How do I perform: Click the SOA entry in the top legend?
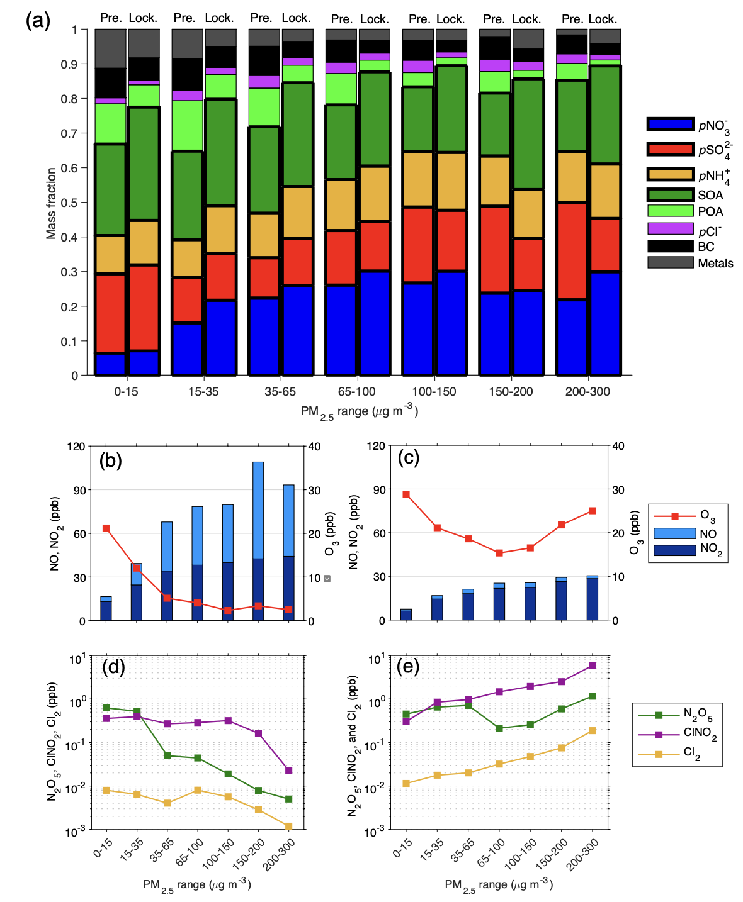pyautogui.click(x=710, y=195)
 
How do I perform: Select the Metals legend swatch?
pyautogui.click(x=670, y=263)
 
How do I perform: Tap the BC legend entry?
pyautogui.click(x=705, y=247)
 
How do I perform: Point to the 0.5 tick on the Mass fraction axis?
pyautogui.click(x=75, y=203)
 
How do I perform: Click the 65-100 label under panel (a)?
pyautogui.click(x=356, y=391)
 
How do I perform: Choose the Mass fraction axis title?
pyautogui.click(x=51, y=203)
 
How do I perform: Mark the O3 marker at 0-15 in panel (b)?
pyautogui.click(x=106, y=528)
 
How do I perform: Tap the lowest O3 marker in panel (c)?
pyautogui.click(x=499, y=553)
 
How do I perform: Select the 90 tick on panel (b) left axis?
pyautogui.click(x=79, y=490)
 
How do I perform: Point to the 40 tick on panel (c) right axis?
pyautogui.click(x=618, y=446)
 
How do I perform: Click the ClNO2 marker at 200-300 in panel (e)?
pyautogui.click(x=592, y=665)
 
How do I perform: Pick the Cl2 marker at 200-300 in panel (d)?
pyautogui.click(x=288, y=826)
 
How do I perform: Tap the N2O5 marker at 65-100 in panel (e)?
pyautogui.click(x=499, y=728)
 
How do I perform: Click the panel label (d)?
pyautogui.click(x=113, y=667)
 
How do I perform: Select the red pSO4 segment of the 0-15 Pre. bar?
pyautogui.click(x=110, y=313)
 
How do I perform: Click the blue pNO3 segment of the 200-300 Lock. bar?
pyautogui.click(x=605, y=323)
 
